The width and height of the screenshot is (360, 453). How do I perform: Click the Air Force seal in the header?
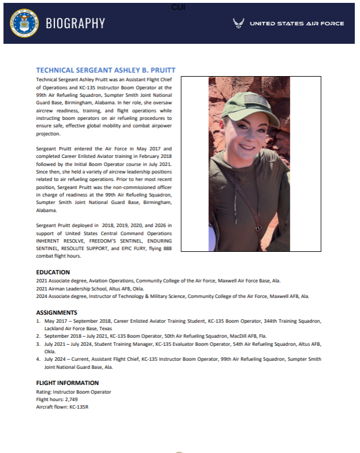(23, 23)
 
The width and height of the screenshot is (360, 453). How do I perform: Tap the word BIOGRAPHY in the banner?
(75, 24)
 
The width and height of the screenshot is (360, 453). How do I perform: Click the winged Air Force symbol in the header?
(238, 24)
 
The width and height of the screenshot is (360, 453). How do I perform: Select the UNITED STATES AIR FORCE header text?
(297, 24)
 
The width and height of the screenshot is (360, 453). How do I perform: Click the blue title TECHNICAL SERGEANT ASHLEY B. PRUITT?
(106, 70)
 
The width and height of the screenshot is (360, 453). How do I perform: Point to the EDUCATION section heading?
(53, 272)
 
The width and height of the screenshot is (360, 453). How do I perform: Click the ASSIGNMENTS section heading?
(57, 312)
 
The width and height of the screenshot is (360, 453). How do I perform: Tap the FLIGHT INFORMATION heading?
(67, 383)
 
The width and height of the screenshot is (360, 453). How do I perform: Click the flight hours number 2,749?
(74, 399)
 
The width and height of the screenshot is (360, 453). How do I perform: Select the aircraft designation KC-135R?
(81, 407)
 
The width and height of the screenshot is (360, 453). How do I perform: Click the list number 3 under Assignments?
(38, 343)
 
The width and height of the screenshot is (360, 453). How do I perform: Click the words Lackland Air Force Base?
(71, 328)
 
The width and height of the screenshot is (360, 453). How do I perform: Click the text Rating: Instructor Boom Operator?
(73, 392)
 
